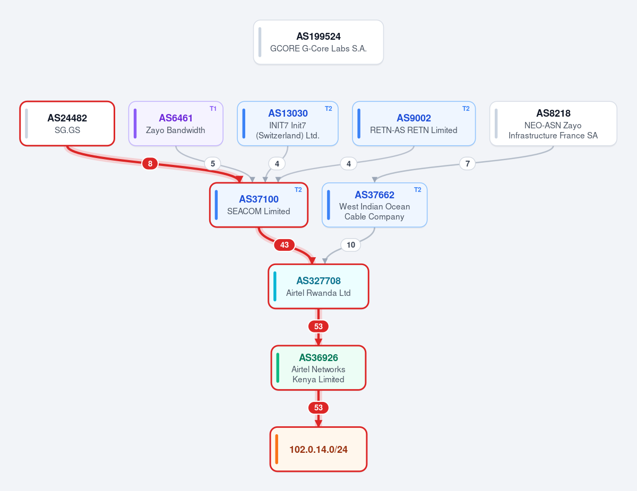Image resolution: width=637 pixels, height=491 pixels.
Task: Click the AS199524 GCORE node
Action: tap(318, 42)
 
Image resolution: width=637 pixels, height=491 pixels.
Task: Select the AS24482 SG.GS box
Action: tap(67, 124)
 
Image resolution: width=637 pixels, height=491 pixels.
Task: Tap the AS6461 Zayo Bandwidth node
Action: tap(176, 124)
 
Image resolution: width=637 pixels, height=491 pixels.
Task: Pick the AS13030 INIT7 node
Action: tap(288, 124)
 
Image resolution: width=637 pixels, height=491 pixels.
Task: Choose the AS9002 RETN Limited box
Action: tap(414, 124)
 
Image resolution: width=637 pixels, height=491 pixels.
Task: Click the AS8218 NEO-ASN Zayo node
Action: tap(553, 124)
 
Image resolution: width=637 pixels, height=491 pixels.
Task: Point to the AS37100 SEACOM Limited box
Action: tap(259, 205)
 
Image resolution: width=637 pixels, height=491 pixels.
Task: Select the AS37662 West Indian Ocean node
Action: tap(374, 205)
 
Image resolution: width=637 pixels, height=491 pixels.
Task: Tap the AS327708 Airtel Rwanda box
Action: tap(318, 286)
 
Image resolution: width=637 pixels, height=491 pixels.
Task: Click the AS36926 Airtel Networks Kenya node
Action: tap(318, 368)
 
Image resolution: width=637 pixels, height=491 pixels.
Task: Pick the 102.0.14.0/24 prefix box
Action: tap(318, 449)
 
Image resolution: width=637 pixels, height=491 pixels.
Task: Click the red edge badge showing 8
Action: tap(150, 163)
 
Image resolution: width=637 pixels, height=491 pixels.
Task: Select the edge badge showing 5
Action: tap(213, 163)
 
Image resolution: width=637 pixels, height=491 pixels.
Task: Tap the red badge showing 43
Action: tap(285, 245)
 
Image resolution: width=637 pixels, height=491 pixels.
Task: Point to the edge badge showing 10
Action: tap(350, 245)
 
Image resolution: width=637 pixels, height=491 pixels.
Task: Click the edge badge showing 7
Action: tap(467, 163)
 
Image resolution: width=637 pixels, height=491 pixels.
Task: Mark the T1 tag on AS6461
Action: tap(213, 109)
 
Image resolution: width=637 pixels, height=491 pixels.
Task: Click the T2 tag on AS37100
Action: tap(298, 190)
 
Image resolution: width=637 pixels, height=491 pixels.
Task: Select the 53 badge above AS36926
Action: tap(318, 326)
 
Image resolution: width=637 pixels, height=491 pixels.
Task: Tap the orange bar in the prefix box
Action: tap(277, 449)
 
